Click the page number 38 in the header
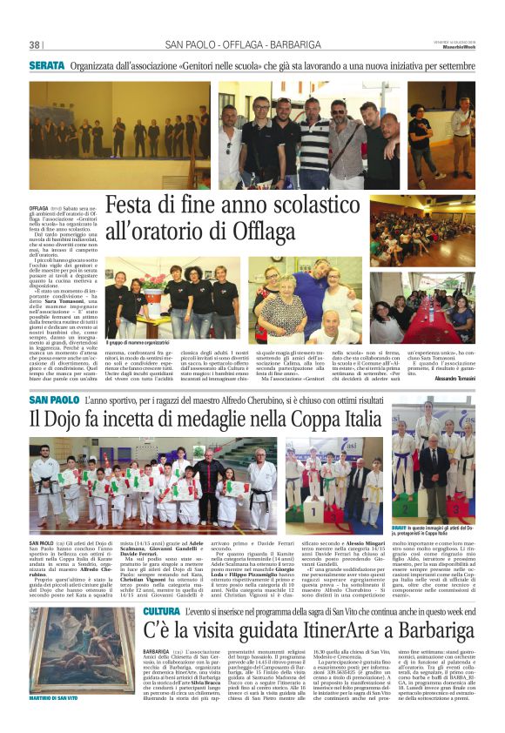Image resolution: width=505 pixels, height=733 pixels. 35,45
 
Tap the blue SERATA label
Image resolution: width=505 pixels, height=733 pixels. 46,64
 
